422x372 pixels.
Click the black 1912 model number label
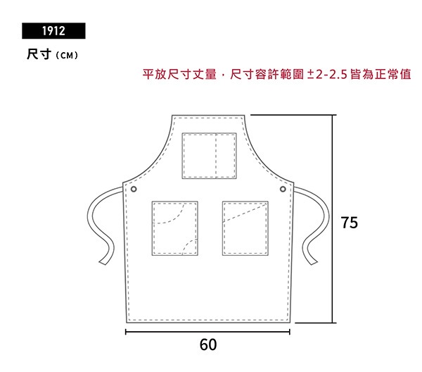tap(53, 31)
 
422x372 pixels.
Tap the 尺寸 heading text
tap(39, 54)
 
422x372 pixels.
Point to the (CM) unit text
tap(67, 56)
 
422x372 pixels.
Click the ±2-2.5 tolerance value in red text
tap(327, 75)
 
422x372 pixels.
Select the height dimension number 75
tap(350, 223)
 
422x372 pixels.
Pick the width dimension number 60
tap(208, 345)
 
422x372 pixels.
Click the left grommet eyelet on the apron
tap(134, 190)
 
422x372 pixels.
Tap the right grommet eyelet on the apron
tap(283, 189)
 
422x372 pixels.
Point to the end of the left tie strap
tap(103, 262)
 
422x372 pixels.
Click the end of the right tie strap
tap(314, 262)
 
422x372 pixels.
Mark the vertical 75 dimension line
tap(333, 219)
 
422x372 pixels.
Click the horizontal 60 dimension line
tap(207, 332)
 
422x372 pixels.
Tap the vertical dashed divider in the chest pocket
tap(216, 156)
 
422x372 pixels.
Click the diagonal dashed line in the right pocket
tap(244, 213)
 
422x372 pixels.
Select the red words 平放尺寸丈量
tap(179, 75)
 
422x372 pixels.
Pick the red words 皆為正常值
tap(381, 75)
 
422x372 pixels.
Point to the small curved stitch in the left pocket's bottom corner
tap(189, 246)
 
